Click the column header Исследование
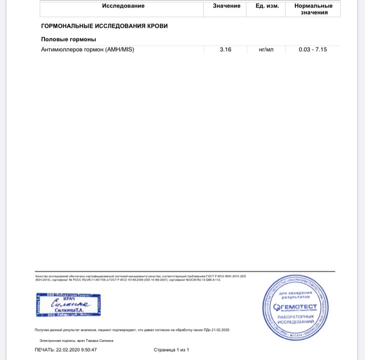coord(123,6)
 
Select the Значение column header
coord(223,6)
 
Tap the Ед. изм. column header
coord(267,6)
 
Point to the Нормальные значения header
coord(313,9)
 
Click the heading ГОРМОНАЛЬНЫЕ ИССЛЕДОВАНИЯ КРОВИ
coord(104,26)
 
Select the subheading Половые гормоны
coord(69,39)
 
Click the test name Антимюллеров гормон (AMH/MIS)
coord(88,49)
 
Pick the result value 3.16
coord(226,49)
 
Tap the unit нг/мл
coord(266,49)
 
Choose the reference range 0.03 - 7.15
coord(313,49)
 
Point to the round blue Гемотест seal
coord(295,308)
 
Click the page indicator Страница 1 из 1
coord(172,350)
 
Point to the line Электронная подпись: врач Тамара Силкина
coord(76,341)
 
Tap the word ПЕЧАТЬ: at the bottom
coord(45,350)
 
